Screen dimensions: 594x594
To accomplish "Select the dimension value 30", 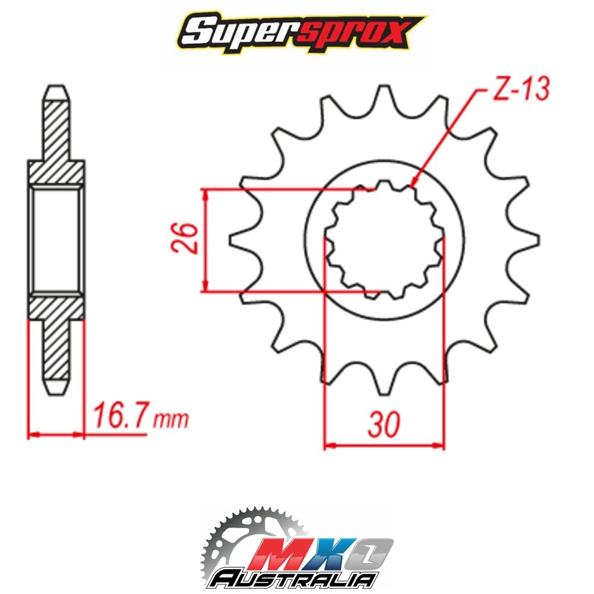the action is (x=384, y=424).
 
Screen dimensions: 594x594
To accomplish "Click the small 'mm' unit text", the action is (x=170, y=419).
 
